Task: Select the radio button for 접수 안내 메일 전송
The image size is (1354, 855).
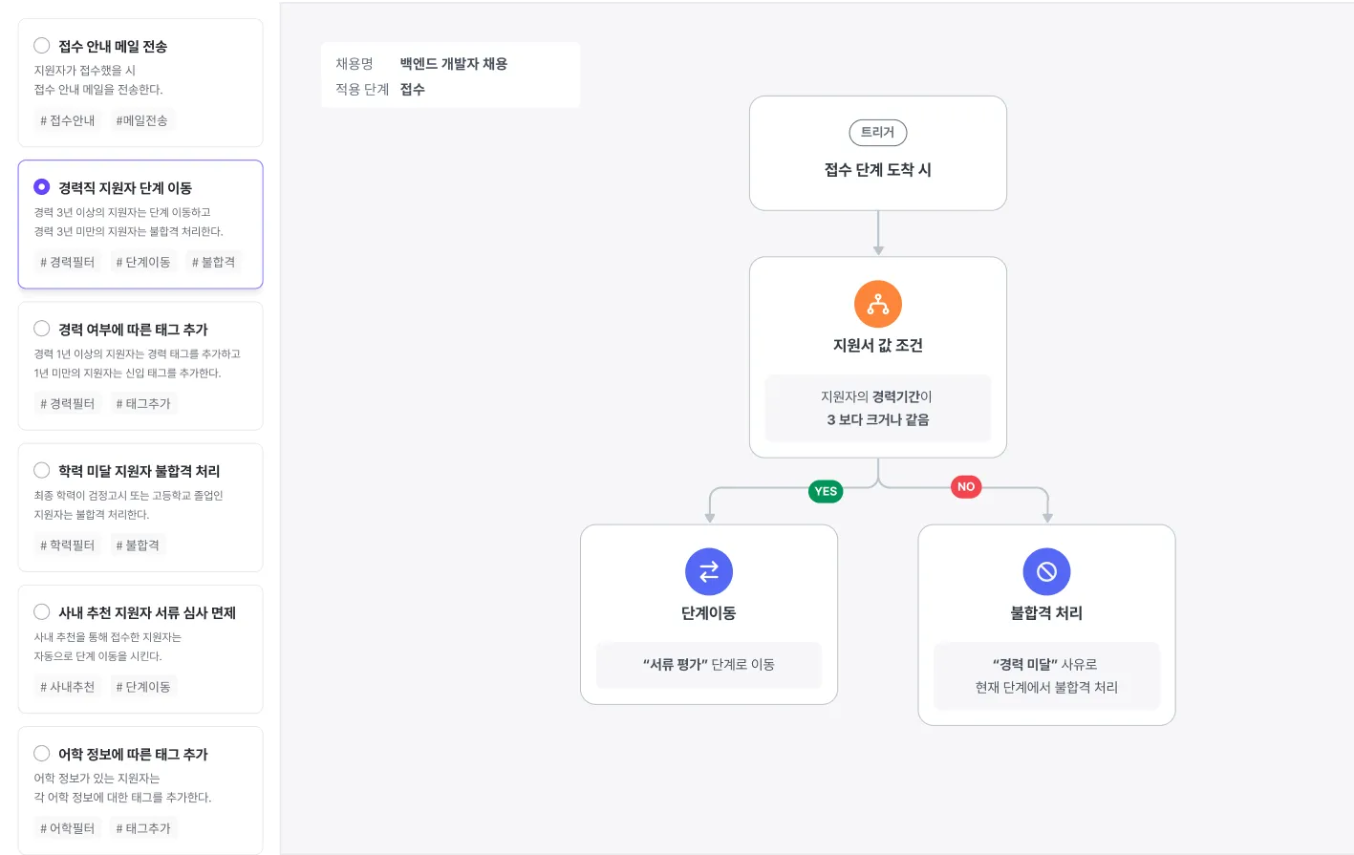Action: click(42, 45)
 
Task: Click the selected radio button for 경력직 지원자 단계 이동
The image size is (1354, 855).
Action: click(42, 186)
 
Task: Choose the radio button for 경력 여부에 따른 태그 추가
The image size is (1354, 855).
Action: click(42, 328)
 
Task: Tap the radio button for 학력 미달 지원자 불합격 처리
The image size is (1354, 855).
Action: click(42, 469)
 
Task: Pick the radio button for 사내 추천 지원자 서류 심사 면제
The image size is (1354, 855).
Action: click(42, 611)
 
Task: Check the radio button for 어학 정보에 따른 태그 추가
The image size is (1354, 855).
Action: click(42, 753)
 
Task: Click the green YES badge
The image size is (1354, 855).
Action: click(826, 491)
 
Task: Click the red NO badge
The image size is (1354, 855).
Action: click(966, 486)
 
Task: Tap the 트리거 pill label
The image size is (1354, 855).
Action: click(878, 133)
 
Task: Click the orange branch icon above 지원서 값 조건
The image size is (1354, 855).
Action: click(878, 304)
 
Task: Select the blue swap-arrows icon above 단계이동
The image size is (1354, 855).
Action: click(709, 571)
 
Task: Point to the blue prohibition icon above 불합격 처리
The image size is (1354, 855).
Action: click(1047, 571)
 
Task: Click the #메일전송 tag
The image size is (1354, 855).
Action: click(142, 120)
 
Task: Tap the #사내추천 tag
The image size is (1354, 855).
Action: click(68, 687)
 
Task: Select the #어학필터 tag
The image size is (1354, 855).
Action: click(68, 828)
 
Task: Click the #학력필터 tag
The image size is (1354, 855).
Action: click(68, 545)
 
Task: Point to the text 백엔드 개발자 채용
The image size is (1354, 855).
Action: click(453, 63)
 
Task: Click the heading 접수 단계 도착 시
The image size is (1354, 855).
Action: click(878, 170)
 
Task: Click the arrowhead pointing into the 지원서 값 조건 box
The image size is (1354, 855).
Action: click(878, 250)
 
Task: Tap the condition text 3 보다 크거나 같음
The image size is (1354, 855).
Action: click(878, 419)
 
